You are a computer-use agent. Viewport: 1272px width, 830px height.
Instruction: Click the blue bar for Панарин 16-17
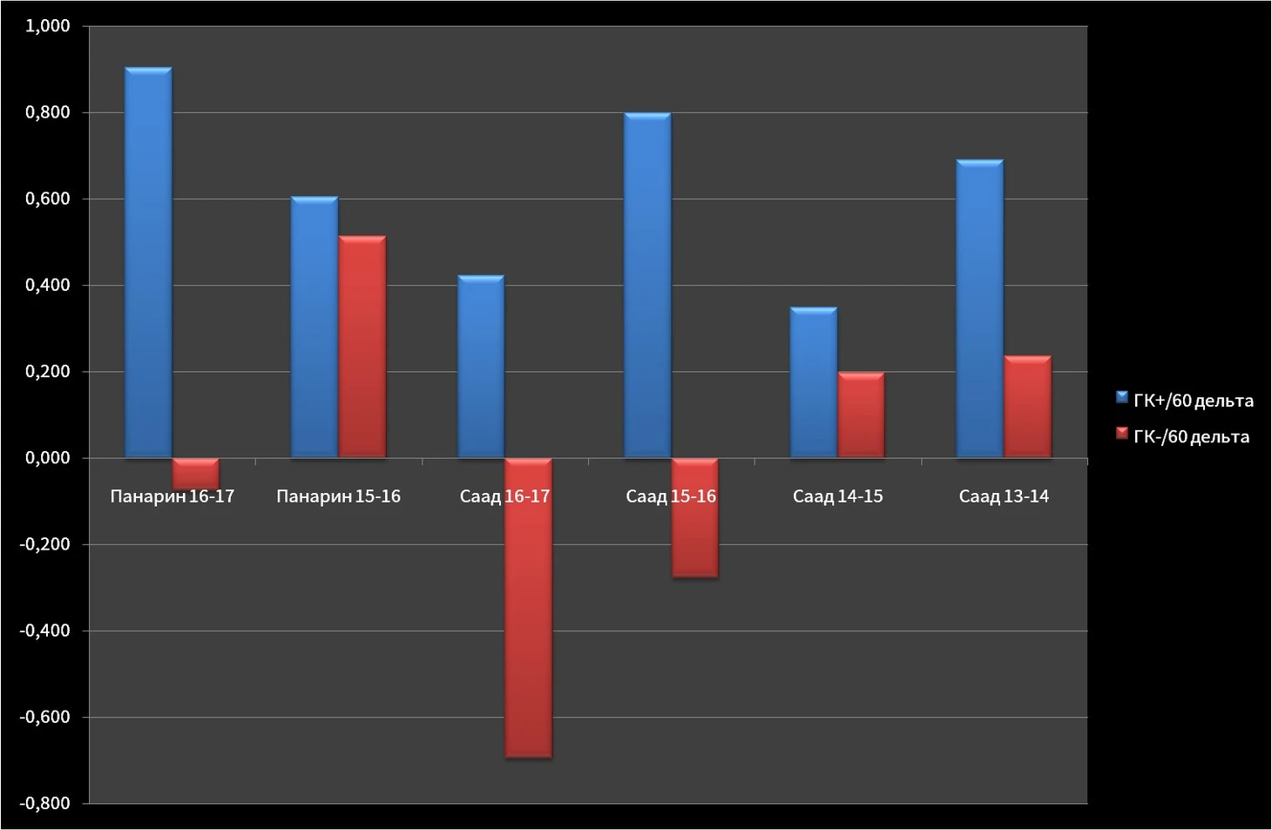coord(148,262)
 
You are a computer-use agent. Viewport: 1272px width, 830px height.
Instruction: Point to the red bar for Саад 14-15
coord(861,415)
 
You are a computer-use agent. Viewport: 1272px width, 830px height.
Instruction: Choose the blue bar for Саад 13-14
coord(979,309)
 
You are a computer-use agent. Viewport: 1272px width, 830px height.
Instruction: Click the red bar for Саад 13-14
coord(1027,407)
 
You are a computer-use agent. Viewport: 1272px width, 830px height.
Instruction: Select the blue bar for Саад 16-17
coord(481,367)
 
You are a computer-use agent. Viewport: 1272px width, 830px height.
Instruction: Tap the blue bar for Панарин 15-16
coord(315,327)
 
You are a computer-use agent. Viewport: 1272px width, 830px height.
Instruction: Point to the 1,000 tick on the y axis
coord(48,26)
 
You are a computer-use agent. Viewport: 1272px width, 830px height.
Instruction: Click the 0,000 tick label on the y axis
coord(48,458)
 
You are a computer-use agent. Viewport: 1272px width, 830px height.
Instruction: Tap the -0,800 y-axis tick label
coord(45,803)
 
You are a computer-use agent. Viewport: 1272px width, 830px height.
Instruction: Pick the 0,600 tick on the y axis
coord(48,199)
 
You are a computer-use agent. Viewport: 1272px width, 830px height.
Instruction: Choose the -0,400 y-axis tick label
coord(45,631)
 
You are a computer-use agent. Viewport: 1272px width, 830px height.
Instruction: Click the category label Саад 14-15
coord(837,496)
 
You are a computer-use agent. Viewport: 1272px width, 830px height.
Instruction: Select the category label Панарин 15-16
coord(338,496)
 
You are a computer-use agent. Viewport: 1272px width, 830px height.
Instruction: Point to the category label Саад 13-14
coord(1004,496)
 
